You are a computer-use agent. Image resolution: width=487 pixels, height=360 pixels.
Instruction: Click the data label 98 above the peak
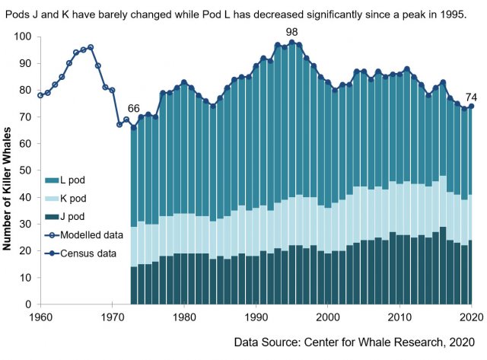[291, 31]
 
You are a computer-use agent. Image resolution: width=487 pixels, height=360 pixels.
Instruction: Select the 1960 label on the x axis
[40, 316]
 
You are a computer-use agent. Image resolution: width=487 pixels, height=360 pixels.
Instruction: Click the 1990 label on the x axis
[256, 316]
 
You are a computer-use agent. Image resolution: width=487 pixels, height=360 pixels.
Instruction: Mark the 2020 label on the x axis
[471, 316]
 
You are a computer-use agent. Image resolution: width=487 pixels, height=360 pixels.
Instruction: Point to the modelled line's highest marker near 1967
[91, 47]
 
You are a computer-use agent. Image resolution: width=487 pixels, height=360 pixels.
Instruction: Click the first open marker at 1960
[40, 95]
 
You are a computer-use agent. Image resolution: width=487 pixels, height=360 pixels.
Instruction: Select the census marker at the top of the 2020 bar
[471, 107]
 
